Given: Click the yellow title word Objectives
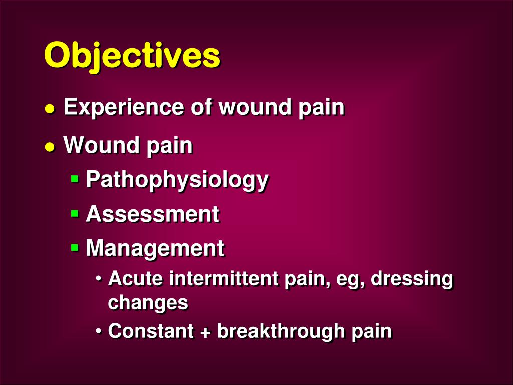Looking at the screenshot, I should (x=132, y=55).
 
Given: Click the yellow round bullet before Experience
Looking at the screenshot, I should (x=49, y=109).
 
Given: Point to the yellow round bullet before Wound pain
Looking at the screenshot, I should (x=49, y=147).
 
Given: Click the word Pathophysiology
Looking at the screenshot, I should (x=177, y=180).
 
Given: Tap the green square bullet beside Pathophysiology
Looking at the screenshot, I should (x=75, y=178).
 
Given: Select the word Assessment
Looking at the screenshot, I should (x=152, y=214).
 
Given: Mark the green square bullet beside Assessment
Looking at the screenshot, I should (x=75, y=213).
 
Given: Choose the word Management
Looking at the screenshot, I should (x=155, y=248).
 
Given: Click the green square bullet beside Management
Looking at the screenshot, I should (x=75, y=247).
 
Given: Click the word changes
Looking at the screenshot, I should (x=148, y=303).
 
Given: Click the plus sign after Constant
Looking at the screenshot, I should (x=205, y=332).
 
